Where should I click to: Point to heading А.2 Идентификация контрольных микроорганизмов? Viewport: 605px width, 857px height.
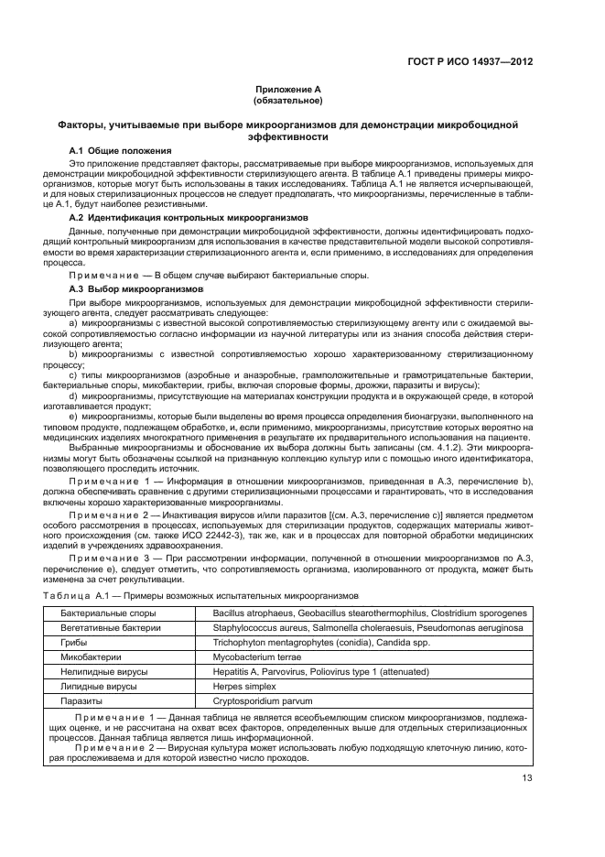tap(188, 218)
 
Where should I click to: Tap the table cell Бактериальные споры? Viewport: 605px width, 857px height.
tap(107, 612)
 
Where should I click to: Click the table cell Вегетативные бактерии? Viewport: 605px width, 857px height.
tap(111, 628)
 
